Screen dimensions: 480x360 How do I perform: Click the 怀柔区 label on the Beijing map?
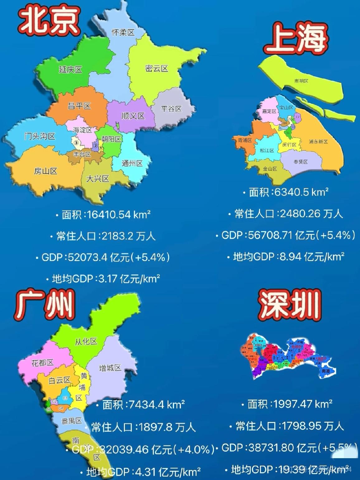123,32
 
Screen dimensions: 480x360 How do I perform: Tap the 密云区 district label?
157,69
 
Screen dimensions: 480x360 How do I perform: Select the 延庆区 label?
70,69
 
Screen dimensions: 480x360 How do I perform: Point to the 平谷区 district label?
171,109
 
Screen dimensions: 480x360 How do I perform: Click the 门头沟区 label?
40,136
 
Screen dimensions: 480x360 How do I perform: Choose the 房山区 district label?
45,171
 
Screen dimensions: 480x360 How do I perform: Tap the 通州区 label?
132,163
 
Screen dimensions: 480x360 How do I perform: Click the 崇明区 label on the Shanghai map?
301,81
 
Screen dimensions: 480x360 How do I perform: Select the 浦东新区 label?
318,141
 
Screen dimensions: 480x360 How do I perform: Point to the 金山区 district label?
270,169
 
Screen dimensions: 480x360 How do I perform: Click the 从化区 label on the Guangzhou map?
86,341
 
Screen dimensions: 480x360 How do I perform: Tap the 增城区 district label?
110,368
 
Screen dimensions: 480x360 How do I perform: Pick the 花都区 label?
42,363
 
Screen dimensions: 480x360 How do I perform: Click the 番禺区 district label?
72,421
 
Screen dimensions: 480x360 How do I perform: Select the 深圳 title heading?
290,304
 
